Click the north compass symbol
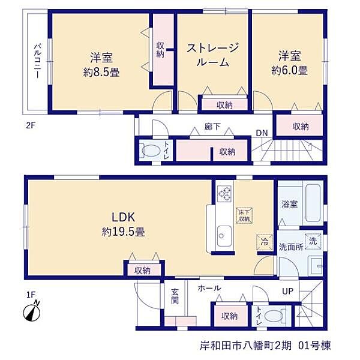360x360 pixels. [32, 312]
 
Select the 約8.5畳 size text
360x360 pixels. [101, 73]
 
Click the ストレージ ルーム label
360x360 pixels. [213, 55]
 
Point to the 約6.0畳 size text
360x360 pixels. [290, 70]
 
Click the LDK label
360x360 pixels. [123, 217]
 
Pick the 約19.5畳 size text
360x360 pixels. [123, 232]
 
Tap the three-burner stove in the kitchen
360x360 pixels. [224, 194]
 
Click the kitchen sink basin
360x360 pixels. [224, 236]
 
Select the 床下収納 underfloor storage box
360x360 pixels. [245, 215]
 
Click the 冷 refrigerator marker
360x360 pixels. [265, 242]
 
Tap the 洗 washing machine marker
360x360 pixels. [313, 242]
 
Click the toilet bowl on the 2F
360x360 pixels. [151, 151]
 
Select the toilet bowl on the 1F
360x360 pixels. [274, 316]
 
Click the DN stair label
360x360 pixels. [262, 133]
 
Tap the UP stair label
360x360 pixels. [287, 291]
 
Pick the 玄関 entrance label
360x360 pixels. [175, 296]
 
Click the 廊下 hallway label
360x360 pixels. [212, 127]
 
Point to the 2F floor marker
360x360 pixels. [31, 126]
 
